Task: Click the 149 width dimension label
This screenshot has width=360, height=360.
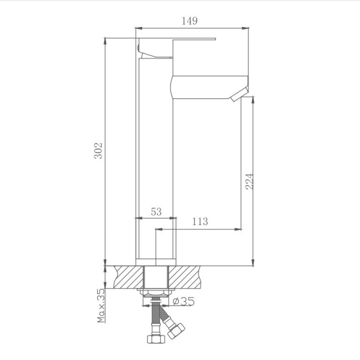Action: point(189,21)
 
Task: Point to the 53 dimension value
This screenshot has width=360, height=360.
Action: point(156,211)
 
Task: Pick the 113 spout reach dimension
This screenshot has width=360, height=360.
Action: point(200,222)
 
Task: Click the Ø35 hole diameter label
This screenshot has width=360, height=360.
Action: point(182,302)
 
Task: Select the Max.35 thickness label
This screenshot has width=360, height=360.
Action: point(101,305)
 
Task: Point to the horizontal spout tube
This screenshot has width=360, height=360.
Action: point(204,87)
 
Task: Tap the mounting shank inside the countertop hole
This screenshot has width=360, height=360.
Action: point(157,277)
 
